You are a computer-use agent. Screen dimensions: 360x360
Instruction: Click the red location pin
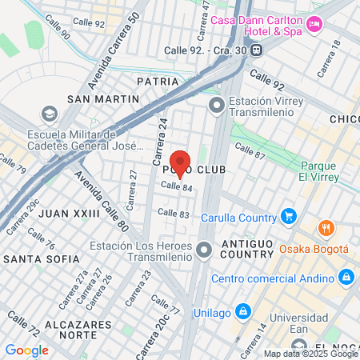click(x=180, y=164)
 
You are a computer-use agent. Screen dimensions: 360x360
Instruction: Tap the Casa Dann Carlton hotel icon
click(x=314, y=25)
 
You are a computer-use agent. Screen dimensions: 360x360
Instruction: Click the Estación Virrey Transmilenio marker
click(x=216, y=105)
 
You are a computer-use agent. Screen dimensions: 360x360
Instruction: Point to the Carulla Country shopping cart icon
click(x=289, y=216)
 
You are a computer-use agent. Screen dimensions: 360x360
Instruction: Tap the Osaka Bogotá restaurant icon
click(x=326, y=228)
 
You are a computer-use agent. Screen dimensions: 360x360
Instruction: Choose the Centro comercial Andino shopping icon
click(x=346, y=278)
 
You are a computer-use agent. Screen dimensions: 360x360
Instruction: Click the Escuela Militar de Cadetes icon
click(x=49, y=113)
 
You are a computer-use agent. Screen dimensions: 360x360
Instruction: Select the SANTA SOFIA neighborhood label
click(x=42, y=259)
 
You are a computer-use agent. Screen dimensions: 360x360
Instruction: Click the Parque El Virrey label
click(x=322, y=171)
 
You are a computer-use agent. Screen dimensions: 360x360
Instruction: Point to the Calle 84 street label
click(x=176, y=186)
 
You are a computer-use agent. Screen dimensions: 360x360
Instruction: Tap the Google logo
click(x=26, y=350)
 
